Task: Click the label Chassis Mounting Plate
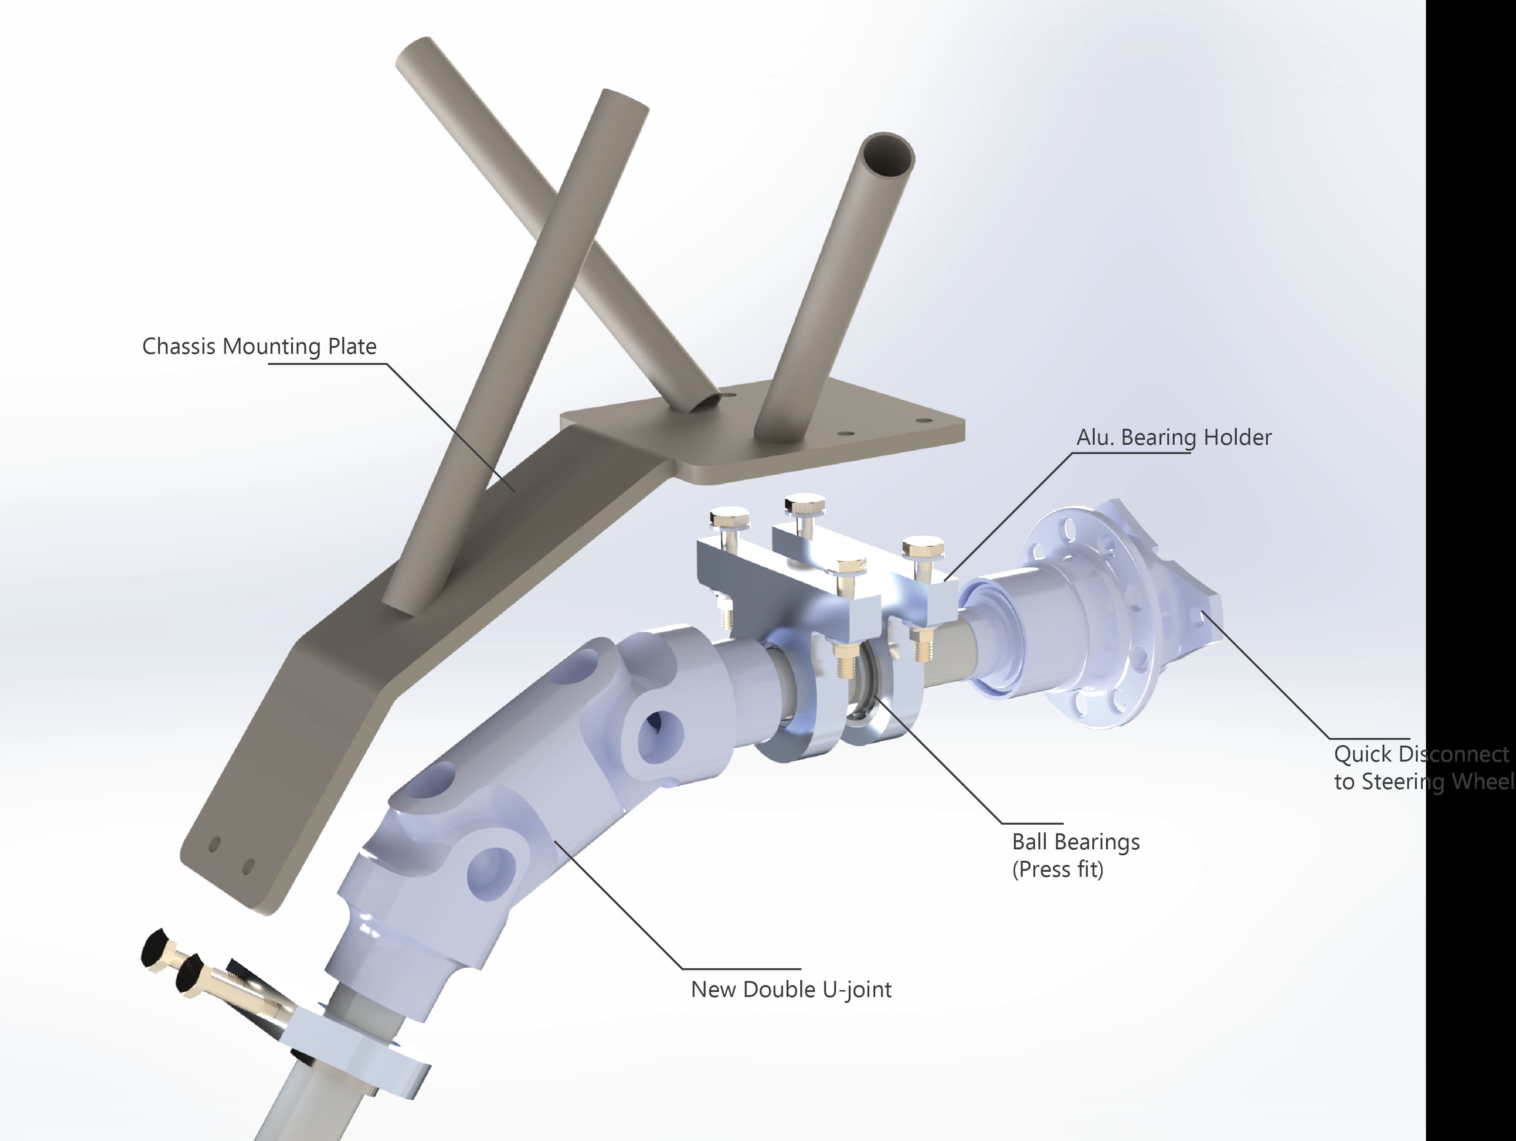tap(259, 346)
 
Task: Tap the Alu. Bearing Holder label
tap(1173, 437)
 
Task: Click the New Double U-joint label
tap(791, 990)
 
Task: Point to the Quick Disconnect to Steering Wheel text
tap(1422, 768)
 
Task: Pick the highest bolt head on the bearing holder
tap(804, 504)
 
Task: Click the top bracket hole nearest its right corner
tap(923, 421)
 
